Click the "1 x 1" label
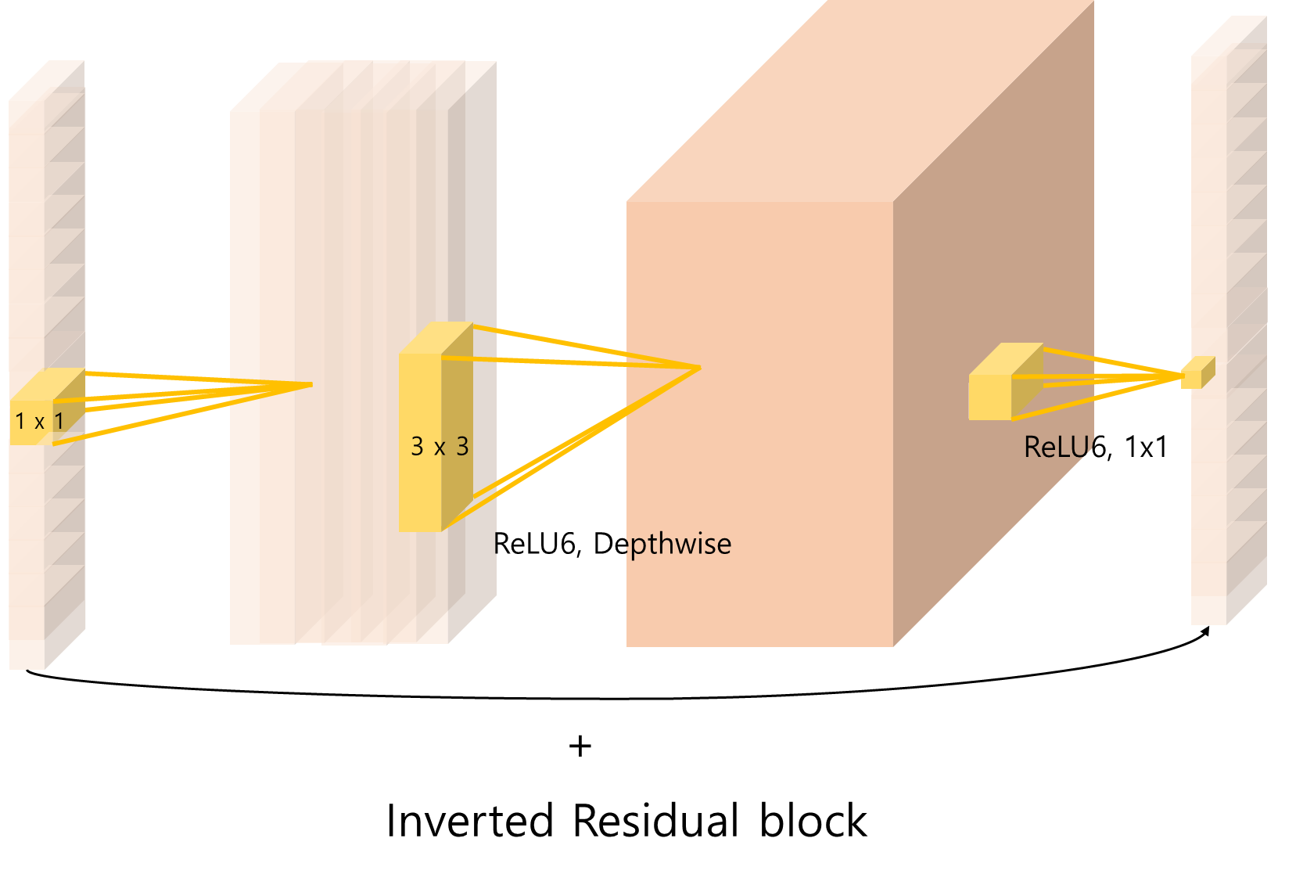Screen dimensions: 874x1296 click(39, 422)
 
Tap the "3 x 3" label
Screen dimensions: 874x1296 click(440, 447)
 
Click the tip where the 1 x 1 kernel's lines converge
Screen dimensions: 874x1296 click(312, 384)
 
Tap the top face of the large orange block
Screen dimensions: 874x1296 click(860, 102)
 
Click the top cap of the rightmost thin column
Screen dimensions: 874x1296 click(1229, 36)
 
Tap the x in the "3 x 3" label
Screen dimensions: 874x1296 click(440, 448)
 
